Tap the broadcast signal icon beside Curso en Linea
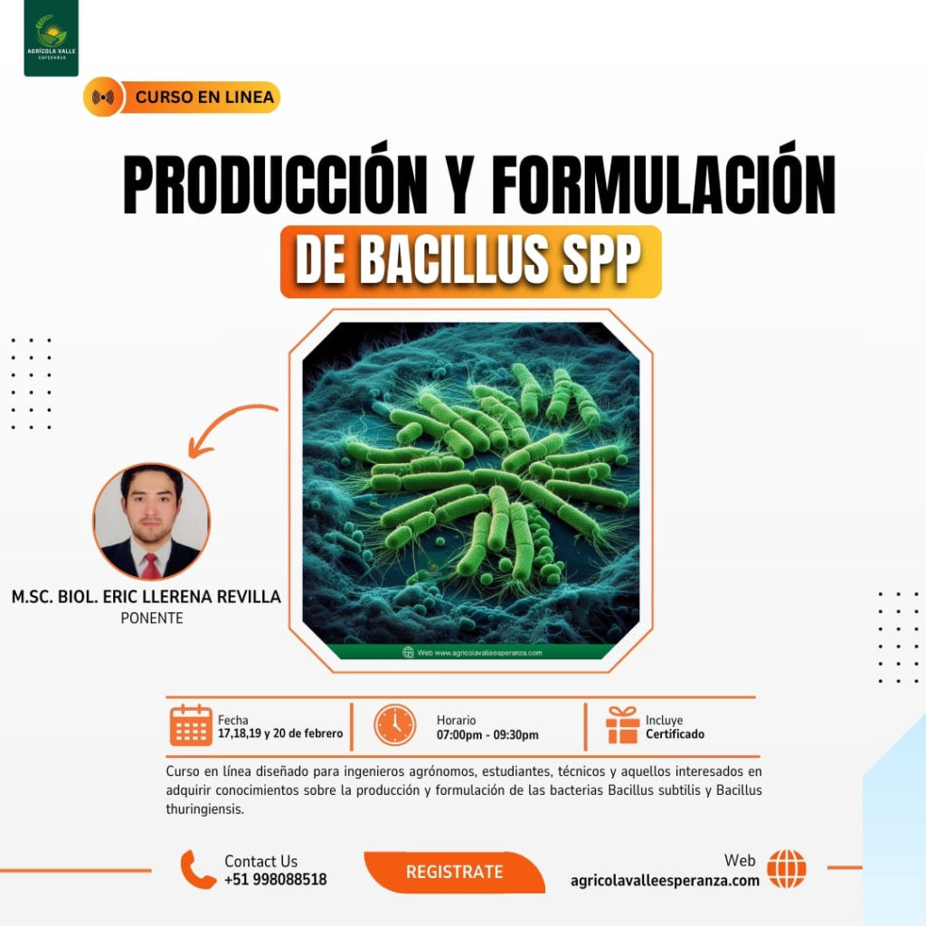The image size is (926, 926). coord(103,97)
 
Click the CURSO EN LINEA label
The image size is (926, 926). coord(204,97)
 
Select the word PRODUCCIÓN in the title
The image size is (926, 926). coord(275,186)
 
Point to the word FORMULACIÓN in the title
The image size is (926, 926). coord(662,186)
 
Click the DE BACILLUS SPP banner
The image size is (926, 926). coord(470,261)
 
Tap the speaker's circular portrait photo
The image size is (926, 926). coord(151,522)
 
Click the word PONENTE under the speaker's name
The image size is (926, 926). coord(151,619)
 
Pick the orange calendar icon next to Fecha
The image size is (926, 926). coord(191,725)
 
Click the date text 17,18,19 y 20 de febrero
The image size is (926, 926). coord(280,733)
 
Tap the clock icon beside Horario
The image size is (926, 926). coord(395,725)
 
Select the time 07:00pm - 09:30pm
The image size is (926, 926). coord(487,734)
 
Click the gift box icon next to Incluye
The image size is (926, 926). coord(623,725)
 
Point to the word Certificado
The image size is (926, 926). coord(675,734)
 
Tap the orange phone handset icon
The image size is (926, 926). coord(198,869)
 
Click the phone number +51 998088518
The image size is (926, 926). coord(276,879)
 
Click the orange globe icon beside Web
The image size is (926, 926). coord(786,869)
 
